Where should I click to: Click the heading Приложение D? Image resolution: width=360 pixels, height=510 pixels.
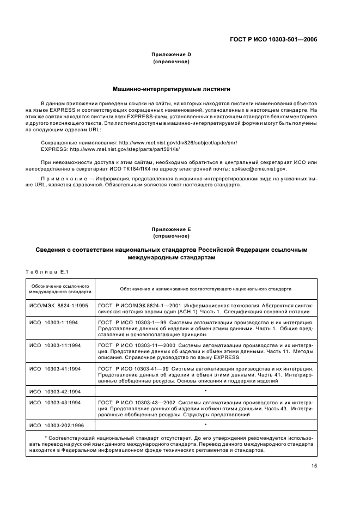pyautogui.click(x=171, y=54)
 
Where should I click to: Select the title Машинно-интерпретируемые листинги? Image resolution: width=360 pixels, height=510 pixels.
pyautogui.click(x=171, y=88)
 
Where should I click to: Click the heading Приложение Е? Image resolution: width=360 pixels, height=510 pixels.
pyautogui.click(x=171, y=230)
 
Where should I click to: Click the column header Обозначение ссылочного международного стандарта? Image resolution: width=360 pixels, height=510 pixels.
pyautogui.click(x=60, y=289)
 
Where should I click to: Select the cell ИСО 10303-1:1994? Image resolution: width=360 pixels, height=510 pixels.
pyautogui.click(x=54, y=323)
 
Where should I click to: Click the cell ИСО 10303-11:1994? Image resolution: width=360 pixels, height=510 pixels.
pyautogui.click(x=56, y=345)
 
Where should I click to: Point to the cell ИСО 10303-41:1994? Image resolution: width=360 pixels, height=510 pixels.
pyautogui.click(x=56, y=368)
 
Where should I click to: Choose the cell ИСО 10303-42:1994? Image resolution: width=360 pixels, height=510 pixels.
pyautogui.click(x=56, y=391)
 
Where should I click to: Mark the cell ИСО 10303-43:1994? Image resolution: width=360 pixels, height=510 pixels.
pyautogui.click(x=56, y=402)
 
